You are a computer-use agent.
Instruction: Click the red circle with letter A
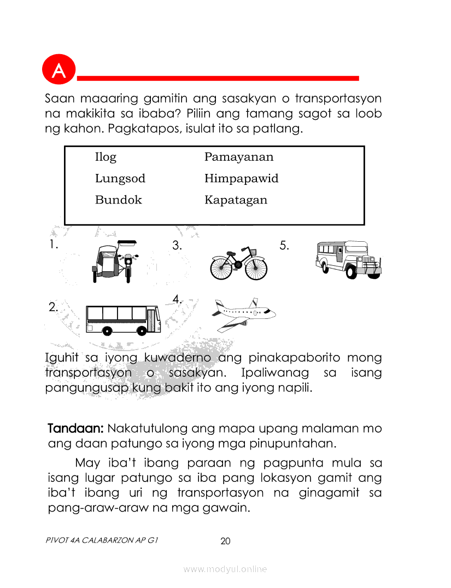(57, 69)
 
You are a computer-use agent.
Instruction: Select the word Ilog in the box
(106, 158)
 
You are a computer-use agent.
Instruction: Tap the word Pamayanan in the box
(239, 158)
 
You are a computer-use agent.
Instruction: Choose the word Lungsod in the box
(120, 179)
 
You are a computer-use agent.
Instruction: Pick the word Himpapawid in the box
(241, 179)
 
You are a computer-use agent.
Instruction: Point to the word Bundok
(118, 200)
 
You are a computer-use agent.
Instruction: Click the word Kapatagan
(236, 200)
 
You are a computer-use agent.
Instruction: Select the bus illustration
(123, 319)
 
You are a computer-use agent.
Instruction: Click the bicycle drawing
(239, 264)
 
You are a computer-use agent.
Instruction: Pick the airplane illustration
(243, 314)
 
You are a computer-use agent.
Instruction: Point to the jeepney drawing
(348, 259)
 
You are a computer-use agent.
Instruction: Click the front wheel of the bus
(143, 330)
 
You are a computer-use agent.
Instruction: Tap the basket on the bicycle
(253, 252)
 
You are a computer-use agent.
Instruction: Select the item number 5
(284, 246)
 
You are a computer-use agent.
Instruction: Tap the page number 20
(225, 542)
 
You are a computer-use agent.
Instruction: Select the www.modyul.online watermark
(225, 569)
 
